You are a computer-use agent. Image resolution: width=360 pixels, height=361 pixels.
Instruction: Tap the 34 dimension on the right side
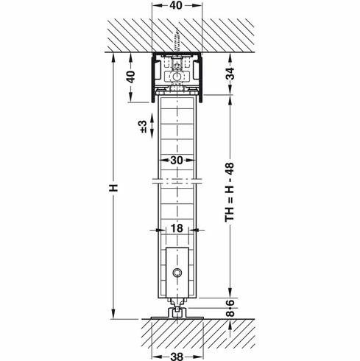click(x=230, y=74)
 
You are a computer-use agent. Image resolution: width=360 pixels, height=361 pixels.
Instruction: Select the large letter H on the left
click(x=113, y=187)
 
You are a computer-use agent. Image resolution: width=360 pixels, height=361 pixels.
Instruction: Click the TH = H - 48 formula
click(x=230, y=199)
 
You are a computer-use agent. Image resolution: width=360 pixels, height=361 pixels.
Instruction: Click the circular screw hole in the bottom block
click(x=177, y=273)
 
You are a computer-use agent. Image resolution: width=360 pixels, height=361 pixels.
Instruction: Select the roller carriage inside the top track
click(x=177, y=76)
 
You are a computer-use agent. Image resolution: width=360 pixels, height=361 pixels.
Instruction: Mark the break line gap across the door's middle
click(x=177, y=180)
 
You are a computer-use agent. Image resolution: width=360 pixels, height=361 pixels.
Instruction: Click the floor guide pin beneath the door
click(x=177, y=309)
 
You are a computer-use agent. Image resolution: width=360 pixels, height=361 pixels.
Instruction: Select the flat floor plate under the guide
click(x=177, y=318)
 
